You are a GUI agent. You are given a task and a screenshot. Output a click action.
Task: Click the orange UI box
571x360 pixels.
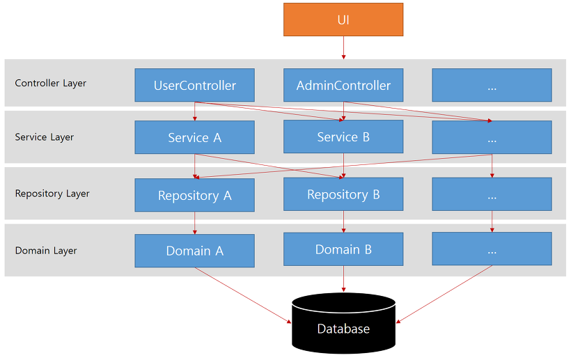pyautogui.click(x=343, y=19)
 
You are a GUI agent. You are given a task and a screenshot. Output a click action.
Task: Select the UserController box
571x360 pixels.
pyautogui.click(x=194, y=85)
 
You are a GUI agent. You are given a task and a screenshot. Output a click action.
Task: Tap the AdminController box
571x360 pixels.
pyautogui.click(x=343, y=85)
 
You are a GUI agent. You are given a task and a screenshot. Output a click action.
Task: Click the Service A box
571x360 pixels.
pyautogui.click(x=194, y=137)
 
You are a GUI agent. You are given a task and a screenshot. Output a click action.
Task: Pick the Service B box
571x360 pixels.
pyautogui.click(x=343, y=136)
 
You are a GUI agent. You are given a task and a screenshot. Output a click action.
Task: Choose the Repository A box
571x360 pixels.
pyautogui.click(x=194, y=195)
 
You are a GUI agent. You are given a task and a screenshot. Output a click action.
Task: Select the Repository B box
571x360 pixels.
pyautogui.click(x=343, y=194)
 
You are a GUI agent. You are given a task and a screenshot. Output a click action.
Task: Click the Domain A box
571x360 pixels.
pyautogui.click(x=194, y=251)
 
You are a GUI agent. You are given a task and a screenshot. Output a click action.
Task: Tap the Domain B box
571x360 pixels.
pyautogui.click(x=343, y=249)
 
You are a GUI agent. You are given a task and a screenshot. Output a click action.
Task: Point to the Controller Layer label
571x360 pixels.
pyautogui.click(x=51, y=83)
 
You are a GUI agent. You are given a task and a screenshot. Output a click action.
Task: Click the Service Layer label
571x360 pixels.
pyautogui.click(x=44, y=137)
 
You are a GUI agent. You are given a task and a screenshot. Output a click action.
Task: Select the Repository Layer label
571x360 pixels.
pyautogui.click(x=52, y=194)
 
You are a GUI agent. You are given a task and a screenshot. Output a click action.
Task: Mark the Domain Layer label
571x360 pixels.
pyautogui.click(x=46, y=251)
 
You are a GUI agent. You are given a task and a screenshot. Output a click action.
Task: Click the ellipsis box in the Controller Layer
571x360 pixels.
pyautogui.click(x=492, y=85)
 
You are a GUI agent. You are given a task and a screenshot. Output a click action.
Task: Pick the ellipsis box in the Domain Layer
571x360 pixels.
pyautogui.click(x=492, y=249)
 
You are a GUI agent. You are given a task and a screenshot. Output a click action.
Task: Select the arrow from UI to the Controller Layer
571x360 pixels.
pyautogui.click(x=343, y=47)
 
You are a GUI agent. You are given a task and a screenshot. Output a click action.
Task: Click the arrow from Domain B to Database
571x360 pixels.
pyautogui.click(x=343, y=279)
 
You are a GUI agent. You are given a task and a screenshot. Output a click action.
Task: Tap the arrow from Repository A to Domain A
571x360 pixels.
pyautogui.click(x=195, y=222)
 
